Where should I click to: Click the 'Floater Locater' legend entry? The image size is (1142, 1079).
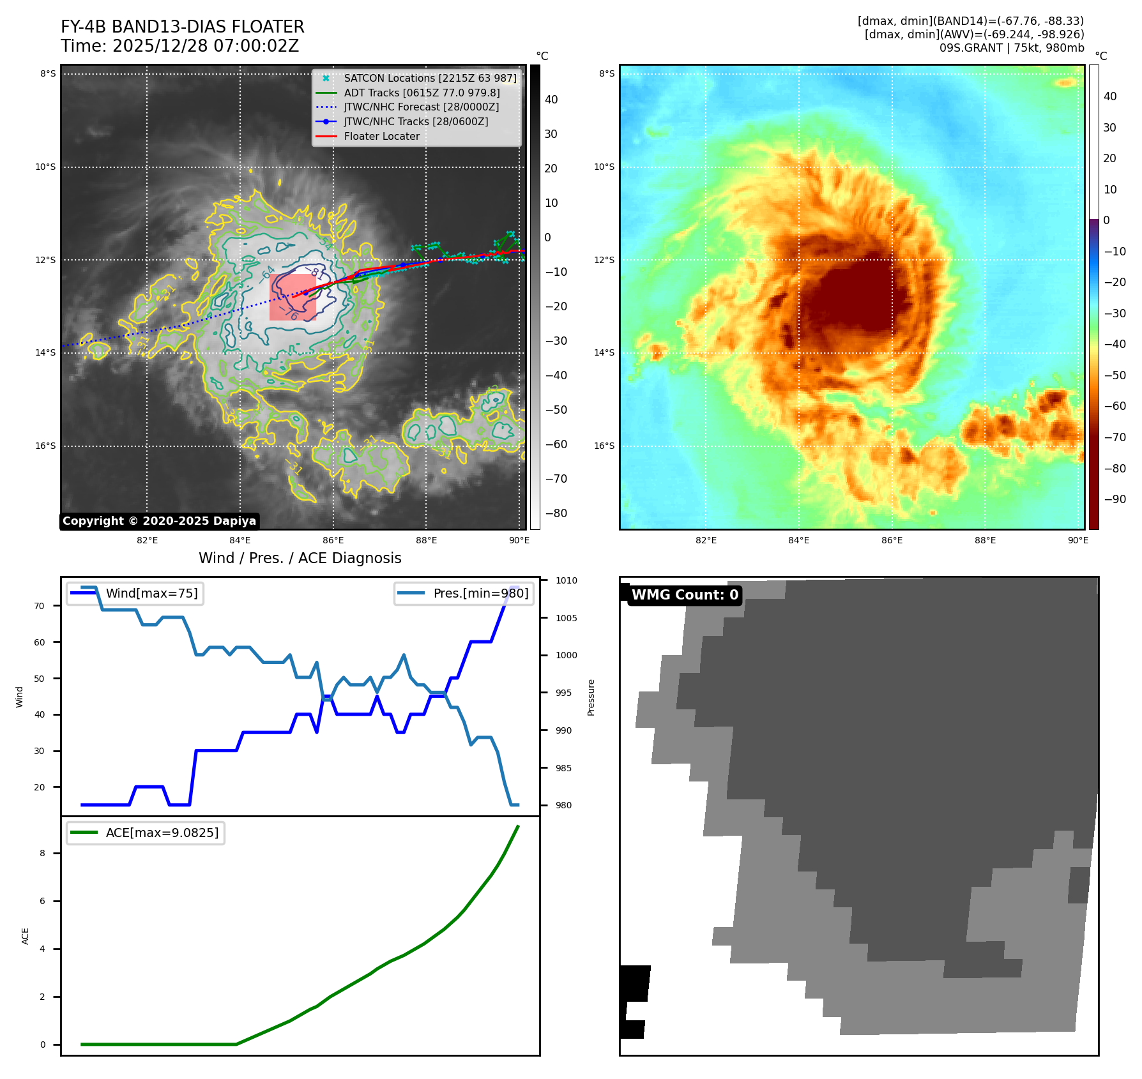[381, 136]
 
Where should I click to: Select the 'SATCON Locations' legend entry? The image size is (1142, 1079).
[430, 78]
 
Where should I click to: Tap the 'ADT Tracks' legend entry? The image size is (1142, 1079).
[422, 93]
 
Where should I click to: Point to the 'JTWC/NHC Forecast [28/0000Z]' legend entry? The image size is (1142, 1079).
[421, 107]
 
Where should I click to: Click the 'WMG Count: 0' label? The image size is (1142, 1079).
[685, 595]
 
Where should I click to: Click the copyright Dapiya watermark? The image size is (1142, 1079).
[159, 521]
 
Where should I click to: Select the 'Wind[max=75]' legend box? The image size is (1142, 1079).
[135, 593]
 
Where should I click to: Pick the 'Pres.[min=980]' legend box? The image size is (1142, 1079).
[464, 593]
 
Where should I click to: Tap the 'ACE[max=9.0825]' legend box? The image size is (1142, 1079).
[146, 833]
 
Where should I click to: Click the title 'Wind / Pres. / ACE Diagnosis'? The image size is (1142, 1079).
[300, 558]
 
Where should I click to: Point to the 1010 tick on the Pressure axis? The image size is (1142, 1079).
[566, 580]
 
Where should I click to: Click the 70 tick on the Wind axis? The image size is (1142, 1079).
[40, 606]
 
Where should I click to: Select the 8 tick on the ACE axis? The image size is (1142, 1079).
[43, 853]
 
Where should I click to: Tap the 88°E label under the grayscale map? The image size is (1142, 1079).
[426, 540]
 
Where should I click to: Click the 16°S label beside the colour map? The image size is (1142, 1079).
[604, 446]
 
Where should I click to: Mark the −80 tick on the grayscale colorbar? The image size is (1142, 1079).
[556, 513]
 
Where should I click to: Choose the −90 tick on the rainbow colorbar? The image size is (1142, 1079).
[1115, 499]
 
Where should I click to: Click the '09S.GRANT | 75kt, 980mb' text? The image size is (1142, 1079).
[1011, 48]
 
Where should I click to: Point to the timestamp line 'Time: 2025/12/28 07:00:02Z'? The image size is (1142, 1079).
[179, 46]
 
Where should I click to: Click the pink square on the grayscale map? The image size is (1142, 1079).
[293, 298]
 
